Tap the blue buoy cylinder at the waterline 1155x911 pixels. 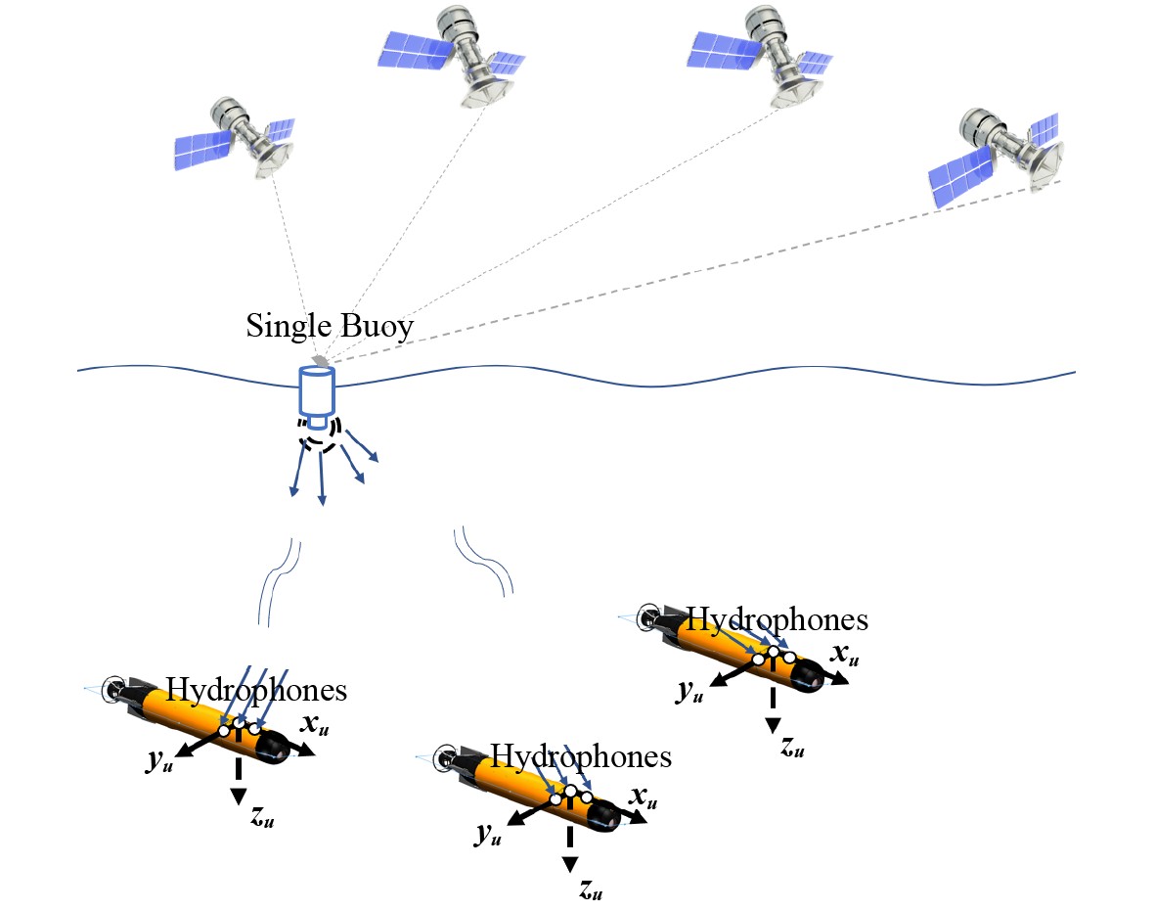(317, 393)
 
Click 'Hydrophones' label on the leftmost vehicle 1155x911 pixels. (256, 690)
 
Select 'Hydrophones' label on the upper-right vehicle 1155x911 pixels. (777, 619)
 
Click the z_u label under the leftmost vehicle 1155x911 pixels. (262, 819)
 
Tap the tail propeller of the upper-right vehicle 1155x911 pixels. (648, 618)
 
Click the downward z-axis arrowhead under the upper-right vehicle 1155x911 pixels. (773, 724)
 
